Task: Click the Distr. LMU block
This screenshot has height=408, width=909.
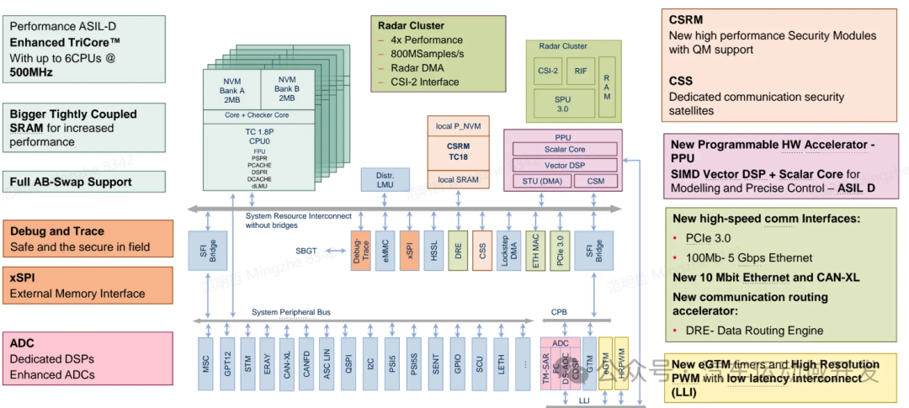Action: tap(385, 180)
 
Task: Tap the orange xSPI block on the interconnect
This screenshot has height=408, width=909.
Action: tap(410, 249)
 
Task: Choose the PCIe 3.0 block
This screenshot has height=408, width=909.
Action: tap(556, 249)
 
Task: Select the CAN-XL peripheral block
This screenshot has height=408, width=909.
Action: tap(287, 363)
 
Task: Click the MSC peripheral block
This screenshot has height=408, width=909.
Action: tap(205, 363)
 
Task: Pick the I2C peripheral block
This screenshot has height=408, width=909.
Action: tap(370, 363)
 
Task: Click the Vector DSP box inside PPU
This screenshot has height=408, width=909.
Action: tap(564, 164)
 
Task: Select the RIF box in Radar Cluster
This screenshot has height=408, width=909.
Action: tap(581, 72)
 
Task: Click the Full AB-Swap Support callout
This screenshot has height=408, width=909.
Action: tap(71, 182)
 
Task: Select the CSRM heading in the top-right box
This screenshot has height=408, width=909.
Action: tap(686, 19)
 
